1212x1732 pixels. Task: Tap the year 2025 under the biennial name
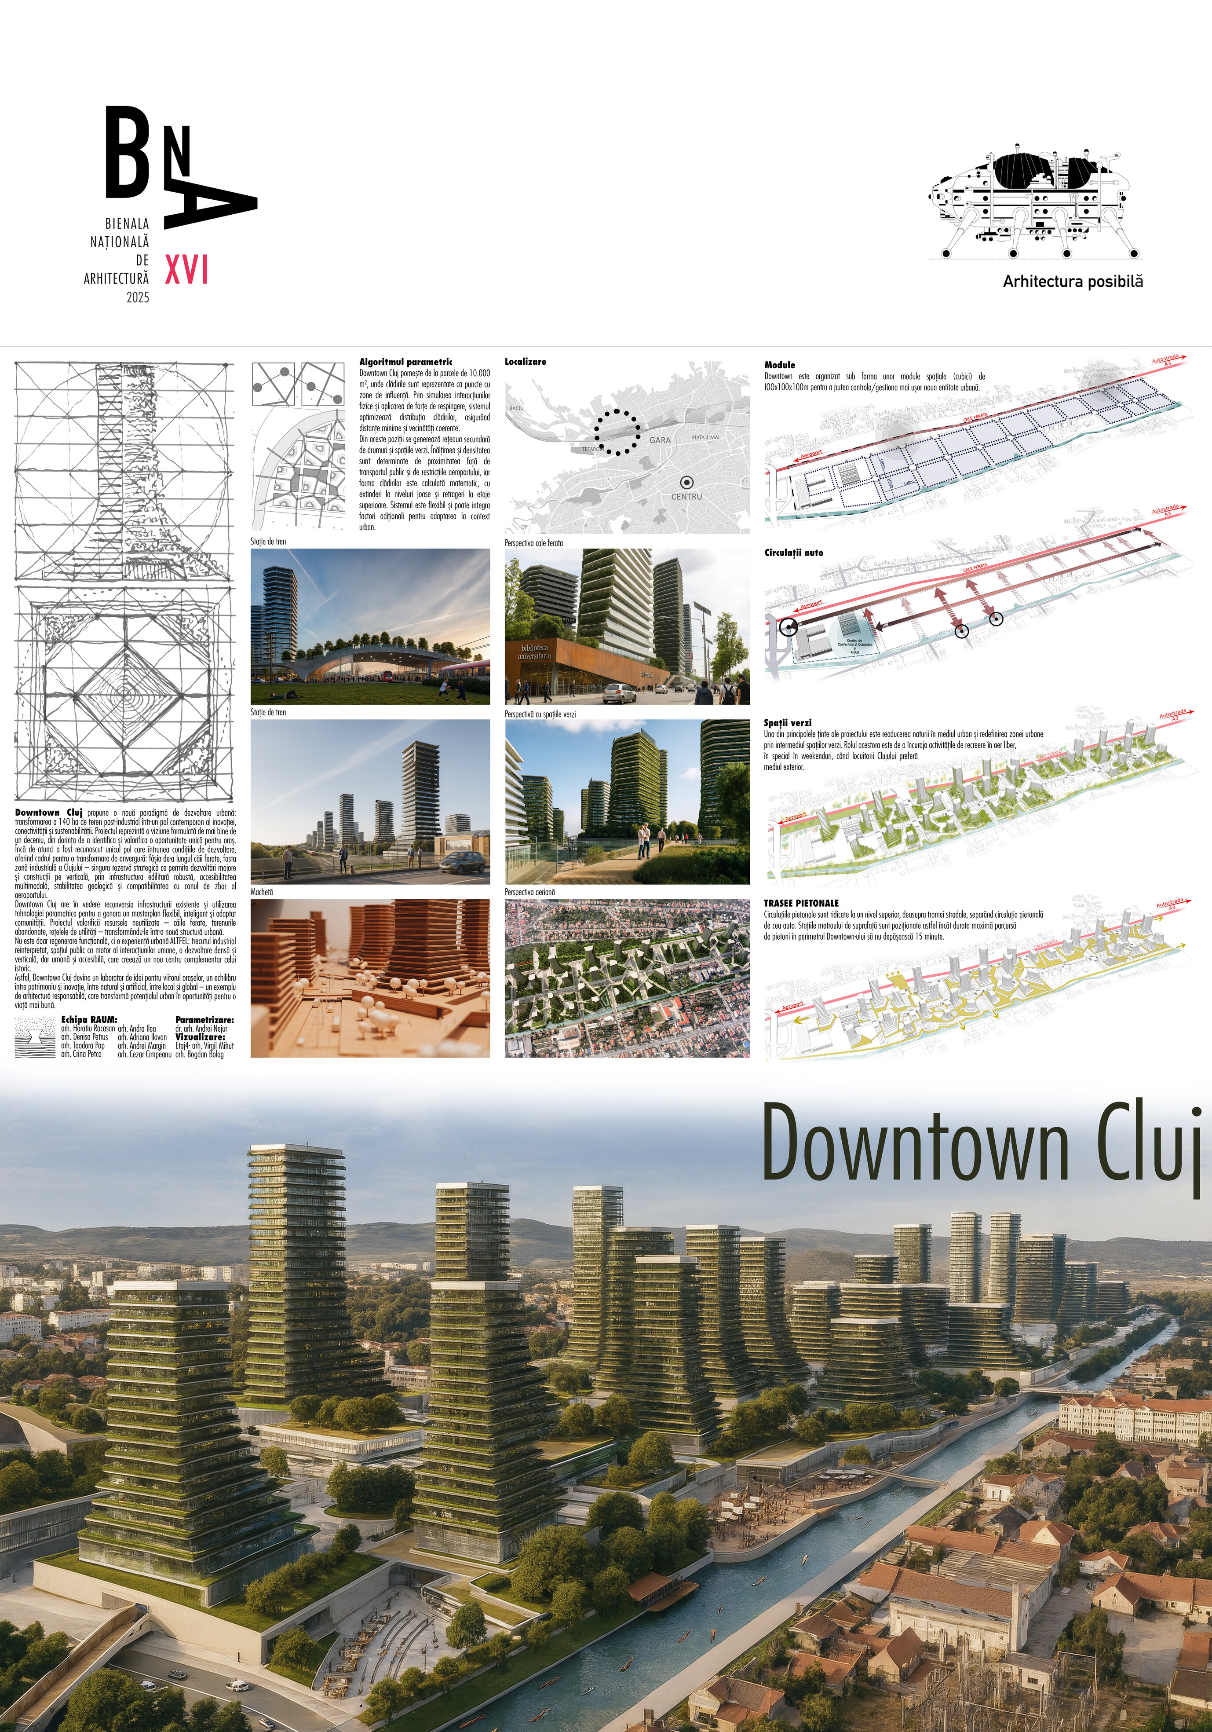138,297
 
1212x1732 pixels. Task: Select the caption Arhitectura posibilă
1073,282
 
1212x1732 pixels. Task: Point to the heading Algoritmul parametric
406,362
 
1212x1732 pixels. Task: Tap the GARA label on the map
660,440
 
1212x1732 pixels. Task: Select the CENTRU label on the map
686,496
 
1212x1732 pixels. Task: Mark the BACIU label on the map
517,408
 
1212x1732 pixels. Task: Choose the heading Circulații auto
793,553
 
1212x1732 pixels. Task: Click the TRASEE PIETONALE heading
801,903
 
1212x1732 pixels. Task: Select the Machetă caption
262,892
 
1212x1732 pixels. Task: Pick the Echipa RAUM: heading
89,1020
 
